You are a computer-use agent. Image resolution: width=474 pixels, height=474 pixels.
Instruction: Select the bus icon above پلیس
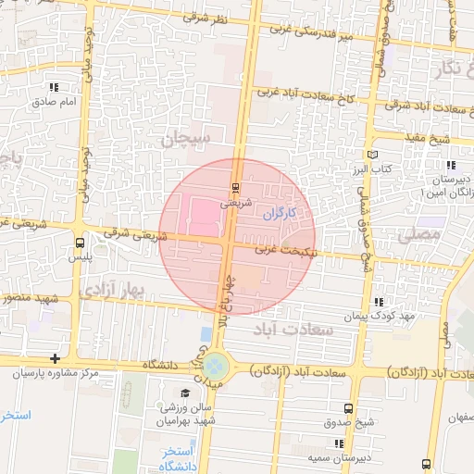point(80,243)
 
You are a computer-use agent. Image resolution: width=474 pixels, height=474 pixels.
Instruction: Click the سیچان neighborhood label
point(187,140)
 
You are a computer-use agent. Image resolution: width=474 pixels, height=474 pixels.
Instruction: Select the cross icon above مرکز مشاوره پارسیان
point(56,358)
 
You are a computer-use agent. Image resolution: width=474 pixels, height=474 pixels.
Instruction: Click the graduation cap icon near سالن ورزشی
point(123,393)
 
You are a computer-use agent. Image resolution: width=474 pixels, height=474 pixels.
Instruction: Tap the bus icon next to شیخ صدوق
point(348,407)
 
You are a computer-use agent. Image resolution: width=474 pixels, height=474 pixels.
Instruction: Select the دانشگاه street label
point(159,366)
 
